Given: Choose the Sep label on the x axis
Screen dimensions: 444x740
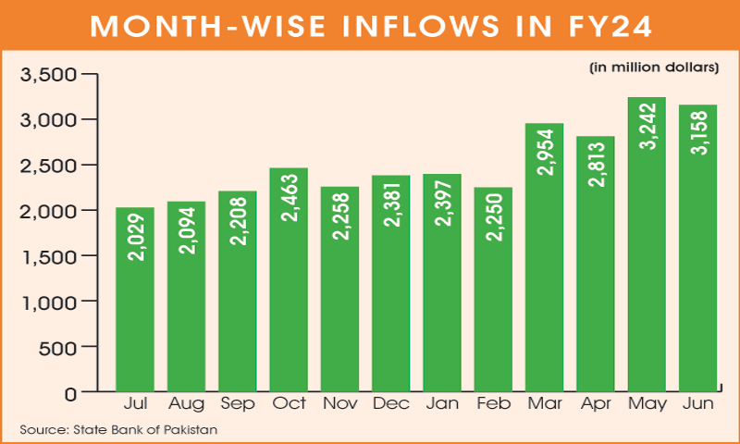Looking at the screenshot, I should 238,406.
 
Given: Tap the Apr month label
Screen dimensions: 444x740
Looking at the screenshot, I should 596,406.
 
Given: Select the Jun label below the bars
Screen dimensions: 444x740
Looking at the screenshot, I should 698,406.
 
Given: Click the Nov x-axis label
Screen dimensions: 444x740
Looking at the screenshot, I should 339,406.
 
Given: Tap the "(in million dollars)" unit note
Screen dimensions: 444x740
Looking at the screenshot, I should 653,68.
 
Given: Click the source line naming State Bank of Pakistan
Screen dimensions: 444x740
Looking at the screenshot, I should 117,430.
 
